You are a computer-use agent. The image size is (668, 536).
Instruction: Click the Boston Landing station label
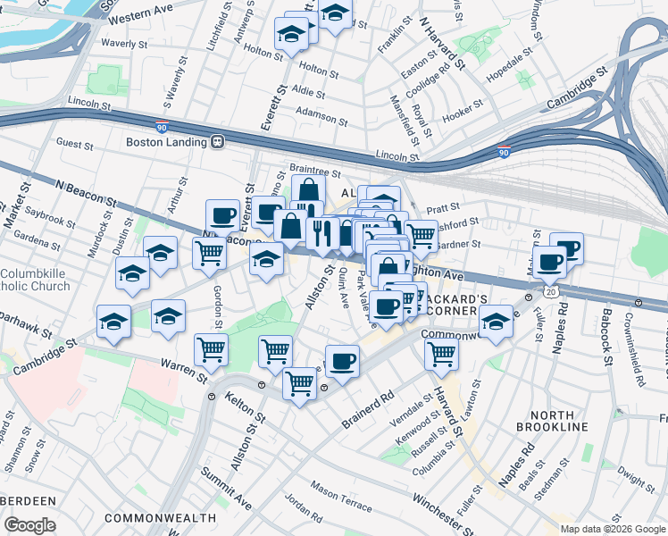click(x=165, y=142)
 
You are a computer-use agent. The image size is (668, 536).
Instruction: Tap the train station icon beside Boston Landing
click(x=216, y=142)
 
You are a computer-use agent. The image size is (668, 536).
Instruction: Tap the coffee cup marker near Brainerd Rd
click(x=342, y=362)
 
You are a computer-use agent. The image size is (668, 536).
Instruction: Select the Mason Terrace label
click(x=341, y=497)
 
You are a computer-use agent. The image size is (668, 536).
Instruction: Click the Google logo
click(x=29, y=525)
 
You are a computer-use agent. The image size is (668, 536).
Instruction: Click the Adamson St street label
click(x=321, y=116)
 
